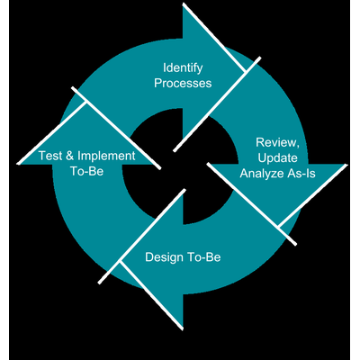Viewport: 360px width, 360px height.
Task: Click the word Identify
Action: click(183, 68)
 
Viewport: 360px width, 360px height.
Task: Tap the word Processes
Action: click(183, 83)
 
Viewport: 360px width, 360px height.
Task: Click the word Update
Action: click(277, 158)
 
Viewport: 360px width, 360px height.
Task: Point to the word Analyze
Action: click(258, 174)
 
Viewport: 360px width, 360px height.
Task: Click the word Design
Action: click(164, 257)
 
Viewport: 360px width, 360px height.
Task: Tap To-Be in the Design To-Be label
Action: click(204, 257)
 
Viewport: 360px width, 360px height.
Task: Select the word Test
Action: click(50, 156)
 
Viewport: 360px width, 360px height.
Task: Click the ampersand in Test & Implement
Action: click(69, 156)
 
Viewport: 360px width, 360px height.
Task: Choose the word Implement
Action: click(106, 157)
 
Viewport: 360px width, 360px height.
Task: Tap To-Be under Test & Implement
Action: click(87, 171)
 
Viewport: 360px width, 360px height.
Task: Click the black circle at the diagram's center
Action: click(180, 166)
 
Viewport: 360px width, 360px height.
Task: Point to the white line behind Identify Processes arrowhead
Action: click(214, 38)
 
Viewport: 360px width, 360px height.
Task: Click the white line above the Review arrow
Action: click(217, 104)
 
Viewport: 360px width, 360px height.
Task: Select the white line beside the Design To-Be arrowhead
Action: click(142, 236)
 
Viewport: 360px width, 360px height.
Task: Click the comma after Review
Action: click(298, 147)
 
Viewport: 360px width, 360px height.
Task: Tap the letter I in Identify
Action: click(165, 67)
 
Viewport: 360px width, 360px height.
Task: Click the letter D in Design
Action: click(149, 257)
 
